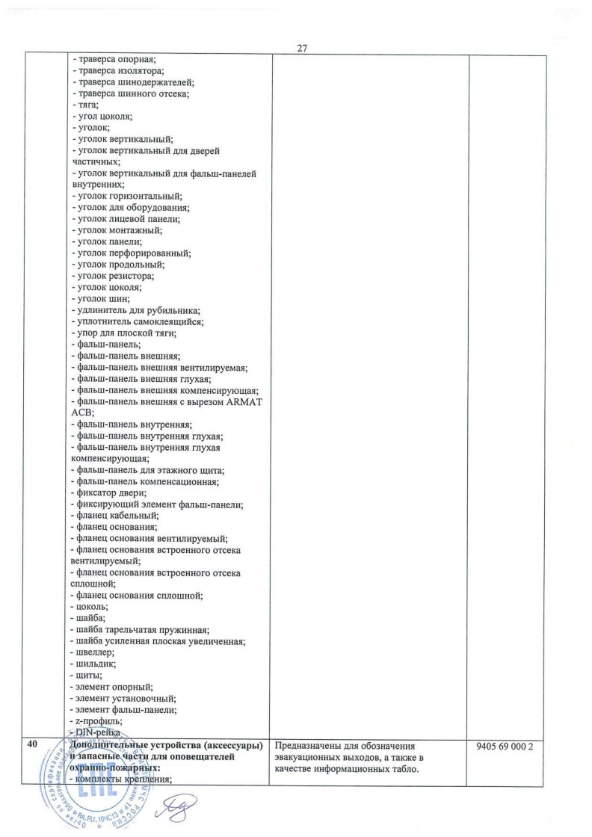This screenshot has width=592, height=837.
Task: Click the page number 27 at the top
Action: (x=303, y=49)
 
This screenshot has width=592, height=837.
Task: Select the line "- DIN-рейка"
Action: (x=94, y=732)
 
